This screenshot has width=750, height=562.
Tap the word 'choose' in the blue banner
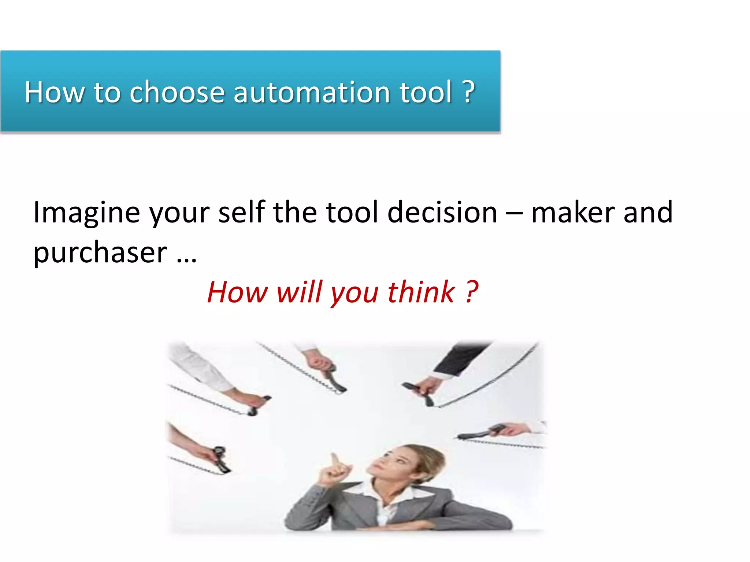tap(177, 92)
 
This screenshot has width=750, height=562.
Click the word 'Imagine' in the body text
tap(86, 213)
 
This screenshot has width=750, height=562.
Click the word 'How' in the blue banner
tap(55, 92)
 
